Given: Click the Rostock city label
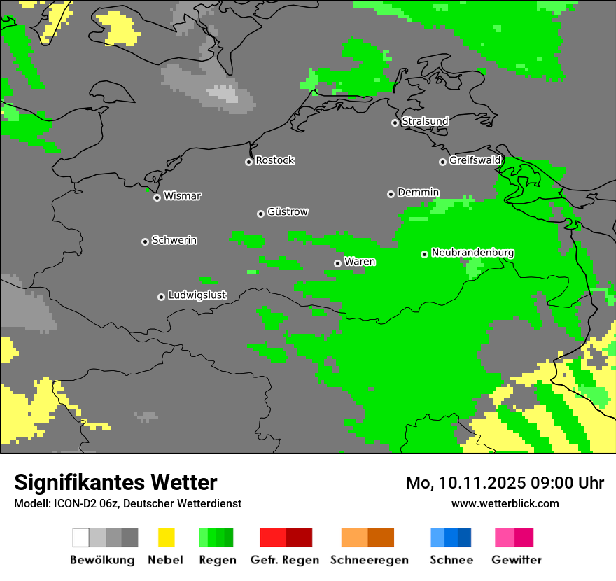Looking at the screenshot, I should pyautogui.click(x=274, y=160).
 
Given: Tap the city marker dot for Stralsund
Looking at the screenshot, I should pyautogui.click(x=395, y=122).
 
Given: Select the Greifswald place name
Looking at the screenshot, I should pyautogui.click(x=475, y=160).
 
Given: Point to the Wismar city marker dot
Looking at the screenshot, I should pyautogui.click(x=157, y=197).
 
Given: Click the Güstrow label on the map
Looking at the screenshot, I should pyautogui.click(x=288, y=211).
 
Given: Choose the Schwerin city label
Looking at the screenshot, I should pyautogui.click(x=174, y=240).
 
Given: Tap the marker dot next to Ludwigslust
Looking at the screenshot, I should pyautogui.click(x=161, y=297).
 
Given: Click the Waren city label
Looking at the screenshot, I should pyautogui.click(x=360, y=262).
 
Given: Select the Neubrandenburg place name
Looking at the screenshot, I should pyautogui.click(x=472, y=253).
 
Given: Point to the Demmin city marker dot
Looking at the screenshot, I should pyautogui.click(x=391, y=194).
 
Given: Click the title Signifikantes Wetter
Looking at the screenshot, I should pyautogui.click(x=115, y=482).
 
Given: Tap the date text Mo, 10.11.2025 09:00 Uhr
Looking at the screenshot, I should pyautogui.click(x=505, y=483).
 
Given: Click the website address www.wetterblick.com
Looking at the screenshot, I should pyautogui.click(x=505, y=503).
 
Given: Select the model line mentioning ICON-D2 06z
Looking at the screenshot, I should pyautogui.click(x=127, y=503).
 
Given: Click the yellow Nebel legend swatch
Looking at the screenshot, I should pyautogui.click(x=166, y=538).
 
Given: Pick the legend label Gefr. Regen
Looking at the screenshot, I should pyautogui.click(x=285, y=560).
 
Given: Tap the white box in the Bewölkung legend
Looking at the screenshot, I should pyautogui.click(x=81, y=538).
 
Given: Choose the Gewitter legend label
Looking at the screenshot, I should pyautogui.click(x=516, y=560).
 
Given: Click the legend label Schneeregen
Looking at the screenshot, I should pyautogui.click(x=370, y=560).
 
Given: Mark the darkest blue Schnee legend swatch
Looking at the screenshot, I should pyautogui.click(x=465, y=538).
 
